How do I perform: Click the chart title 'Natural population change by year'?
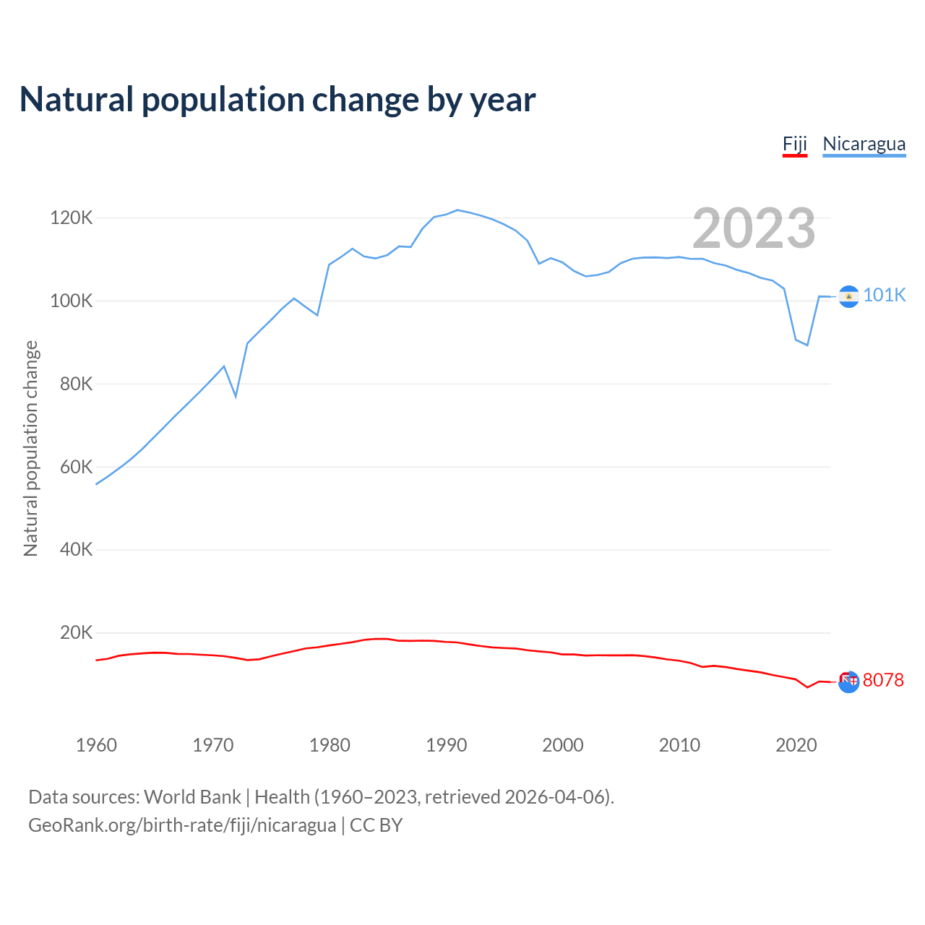coord(277,100)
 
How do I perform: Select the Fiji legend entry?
coord(794,144)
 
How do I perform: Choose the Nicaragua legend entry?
coord(864,144)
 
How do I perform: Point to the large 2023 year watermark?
coord(754,228)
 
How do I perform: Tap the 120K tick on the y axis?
coord(72,218)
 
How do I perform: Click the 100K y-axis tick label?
coord(72,301)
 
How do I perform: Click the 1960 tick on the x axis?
coord(96,745)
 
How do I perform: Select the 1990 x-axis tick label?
coord(446,745)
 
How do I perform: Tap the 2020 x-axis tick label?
coord(796,745)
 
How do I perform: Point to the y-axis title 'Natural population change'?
coord(31,449)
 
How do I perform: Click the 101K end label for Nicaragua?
coord(884,295)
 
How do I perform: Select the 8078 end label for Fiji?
coord(883,680)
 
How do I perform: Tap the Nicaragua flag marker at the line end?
coord(848,296)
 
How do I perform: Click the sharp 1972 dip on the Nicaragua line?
coord(236,396)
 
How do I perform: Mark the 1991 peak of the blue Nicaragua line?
coord(457,210)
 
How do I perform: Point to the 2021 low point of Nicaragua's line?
coord(807,345)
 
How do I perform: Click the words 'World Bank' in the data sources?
coord(192,797)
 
